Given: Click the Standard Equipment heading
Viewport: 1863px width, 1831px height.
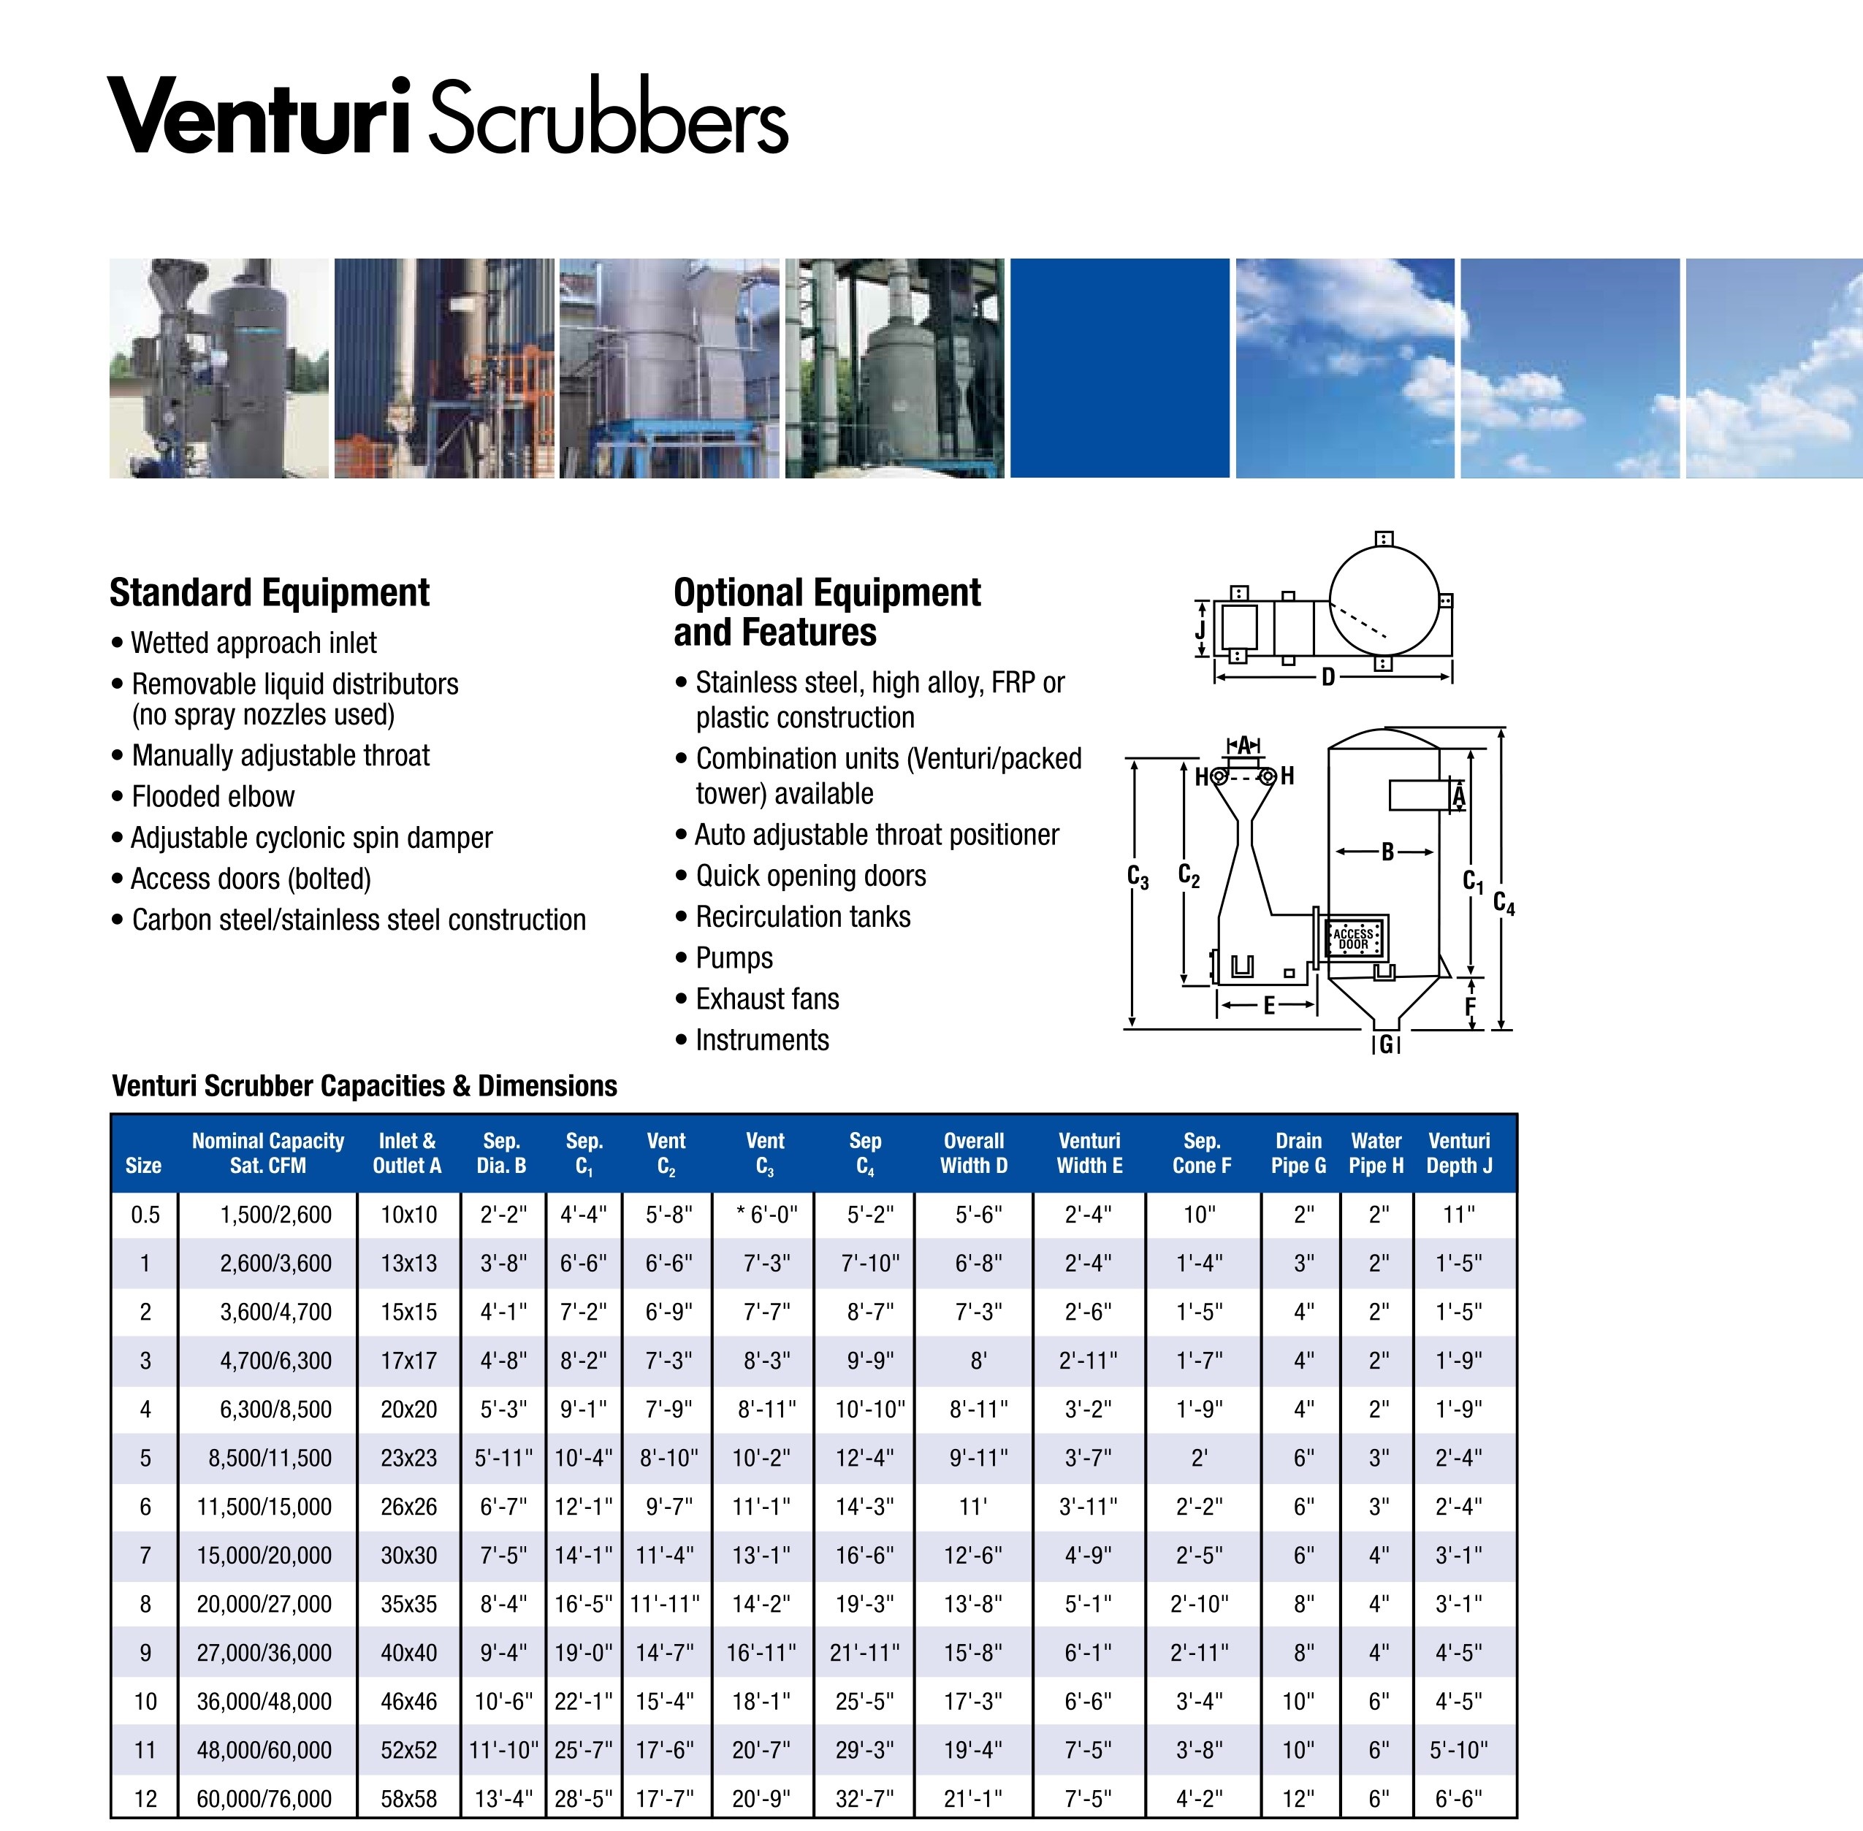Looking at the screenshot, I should [x=270, y=592].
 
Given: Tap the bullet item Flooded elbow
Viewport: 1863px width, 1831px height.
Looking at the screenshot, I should [x=213, y=796].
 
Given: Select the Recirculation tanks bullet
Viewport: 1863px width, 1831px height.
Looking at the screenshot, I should [x=803, y=917].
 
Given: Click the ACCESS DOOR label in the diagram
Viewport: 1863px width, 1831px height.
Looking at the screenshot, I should [x=1353, y=939].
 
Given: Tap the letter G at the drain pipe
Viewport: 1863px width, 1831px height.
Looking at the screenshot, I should [x=1386, y=1044].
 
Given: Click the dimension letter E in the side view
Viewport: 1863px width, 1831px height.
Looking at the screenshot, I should [x=1268, y=1006].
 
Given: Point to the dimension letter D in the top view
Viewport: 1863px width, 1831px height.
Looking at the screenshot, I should [x=1328, y=677].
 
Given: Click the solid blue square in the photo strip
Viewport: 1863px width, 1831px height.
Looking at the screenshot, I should [x=1119, y=368].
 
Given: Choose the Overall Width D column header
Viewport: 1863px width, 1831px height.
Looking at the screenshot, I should [x=973, y=1153].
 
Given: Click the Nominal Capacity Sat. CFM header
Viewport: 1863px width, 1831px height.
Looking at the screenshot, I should [x=267, y=1153].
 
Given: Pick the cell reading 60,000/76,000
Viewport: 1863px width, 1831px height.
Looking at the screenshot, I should [x=264, y=1798].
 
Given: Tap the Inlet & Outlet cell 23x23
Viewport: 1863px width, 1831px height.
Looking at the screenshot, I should [x=408, y=1458].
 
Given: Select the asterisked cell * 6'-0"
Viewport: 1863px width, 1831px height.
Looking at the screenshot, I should [x=766, y=1215].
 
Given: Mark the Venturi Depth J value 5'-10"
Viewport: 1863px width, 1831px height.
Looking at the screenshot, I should [x=1458, y=1750].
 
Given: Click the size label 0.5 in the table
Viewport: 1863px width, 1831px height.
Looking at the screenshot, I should [x=145, y=1215].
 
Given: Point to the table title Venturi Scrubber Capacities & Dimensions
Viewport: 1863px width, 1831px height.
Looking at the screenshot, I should [x=365, y=1086].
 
